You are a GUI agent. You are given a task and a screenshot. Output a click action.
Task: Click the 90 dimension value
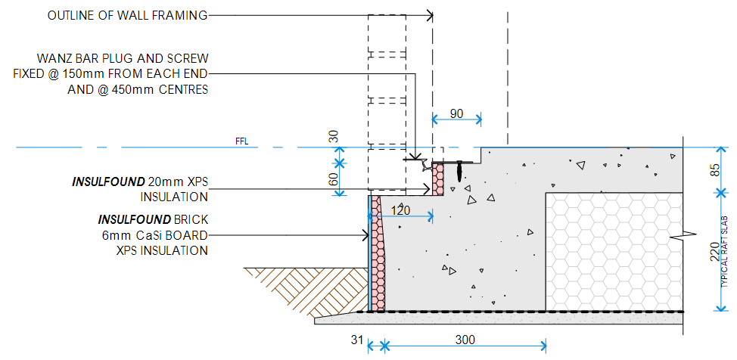(456, 113)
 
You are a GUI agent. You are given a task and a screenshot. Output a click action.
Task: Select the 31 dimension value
(358, 340)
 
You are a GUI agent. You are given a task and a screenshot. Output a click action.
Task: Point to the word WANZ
(54, 58)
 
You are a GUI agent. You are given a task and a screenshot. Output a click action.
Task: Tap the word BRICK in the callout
(188, 220)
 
